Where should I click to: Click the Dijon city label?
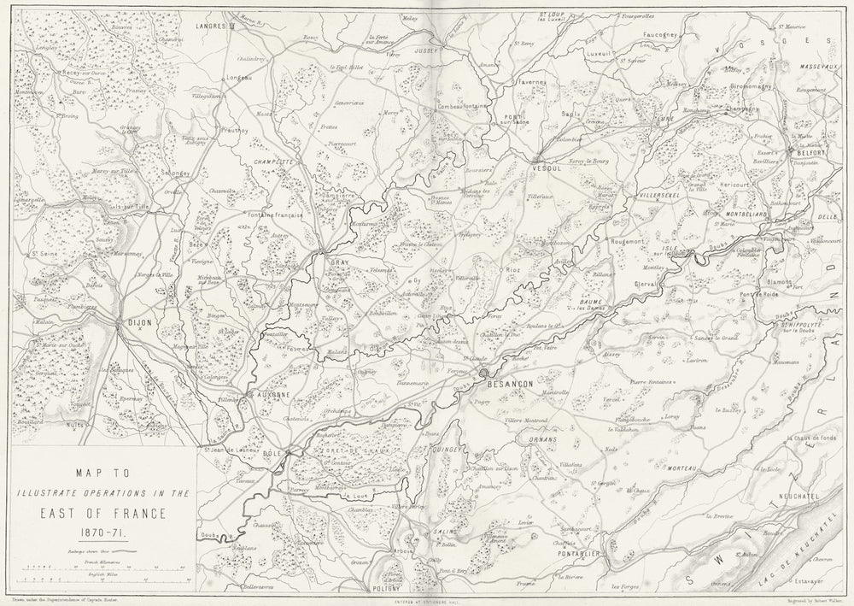[137, 324]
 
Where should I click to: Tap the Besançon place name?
[511, 385]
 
